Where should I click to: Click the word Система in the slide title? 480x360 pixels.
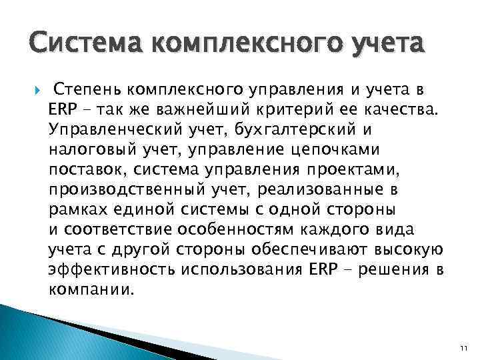point(79,45)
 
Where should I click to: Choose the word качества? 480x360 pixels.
point(399,107)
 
